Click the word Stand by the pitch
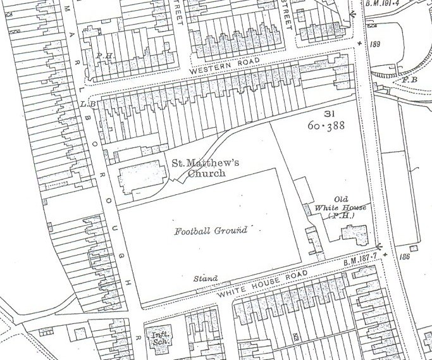coord(206,278)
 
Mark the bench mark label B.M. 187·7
coord(359,254)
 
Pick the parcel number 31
coord(328,113)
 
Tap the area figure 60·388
coord(327,126)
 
